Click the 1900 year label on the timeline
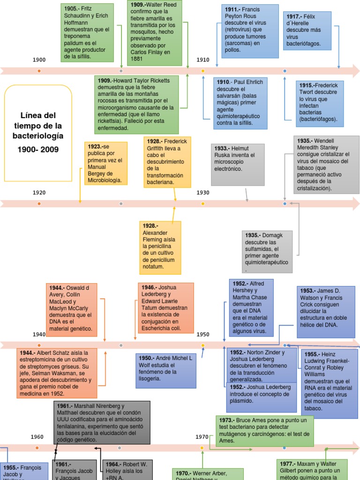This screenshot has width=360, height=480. click(39, 60)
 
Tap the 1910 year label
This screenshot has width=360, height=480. click(203, 60)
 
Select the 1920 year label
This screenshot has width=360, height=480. click(39, 193)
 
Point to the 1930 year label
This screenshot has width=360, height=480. click(203, 193)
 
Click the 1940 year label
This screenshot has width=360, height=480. click(39, 334)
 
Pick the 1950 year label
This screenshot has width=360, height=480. click(203, 334)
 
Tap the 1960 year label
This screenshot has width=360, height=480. click(37, 437)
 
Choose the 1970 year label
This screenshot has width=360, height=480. click(202, 437)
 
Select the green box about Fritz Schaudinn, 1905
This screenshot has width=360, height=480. click(87, 32)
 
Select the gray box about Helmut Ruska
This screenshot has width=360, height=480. click(238, 165)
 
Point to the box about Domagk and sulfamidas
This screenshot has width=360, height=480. click(267, 252)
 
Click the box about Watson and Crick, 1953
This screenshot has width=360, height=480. click(326, 312)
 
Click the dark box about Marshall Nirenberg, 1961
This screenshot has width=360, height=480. click(102, 422)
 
